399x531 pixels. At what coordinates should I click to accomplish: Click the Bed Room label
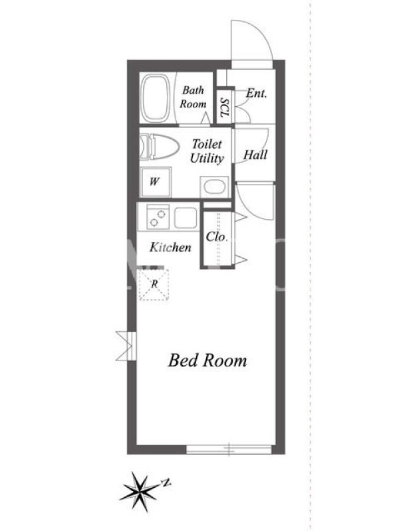(x=207, y=360)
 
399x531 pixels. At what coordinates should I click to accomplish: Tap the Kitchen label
(x=170, y=247)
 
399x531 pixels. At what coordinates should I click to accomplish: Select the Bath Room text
(x=193, y=97)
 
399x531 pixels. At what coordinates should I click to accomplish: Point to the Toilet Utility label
(x=207, y=151)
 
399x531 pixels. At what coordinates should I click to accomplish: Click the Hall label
(x=255, y=155)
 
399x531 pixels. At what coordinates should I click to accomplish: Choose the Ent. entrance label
(x=257, y=93)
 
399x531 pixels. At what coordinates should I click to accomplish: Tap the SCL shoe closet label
(x=225, y=108)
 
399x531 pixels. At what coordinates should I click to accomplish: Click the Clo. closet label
(x=216, y=237)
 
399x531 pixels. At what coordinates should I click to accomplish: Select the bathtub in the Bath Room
(x=156, y=98)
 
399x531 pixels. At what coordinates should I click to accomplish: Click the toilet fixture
(x=159, y=146)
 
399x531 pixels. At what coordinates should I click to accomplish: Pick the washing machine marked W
(x=156, y=182)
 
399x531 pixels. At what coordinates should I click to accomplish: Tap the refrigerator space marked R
(x=154, y=285)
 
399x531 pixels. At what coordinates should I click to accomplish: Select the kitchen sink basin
(x=186, y=218)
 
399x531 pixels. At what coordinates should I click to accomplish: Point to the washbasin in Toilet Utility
(x=214, y=187)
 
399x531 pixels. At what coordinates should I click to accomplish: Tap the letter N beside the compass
(x=166, y=483)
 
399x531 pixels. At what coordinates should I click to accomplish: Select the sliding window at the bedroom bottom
(x=229, y=449)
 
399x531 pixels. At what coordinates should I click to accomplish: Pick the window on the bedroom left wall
(x=127, y=346)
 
